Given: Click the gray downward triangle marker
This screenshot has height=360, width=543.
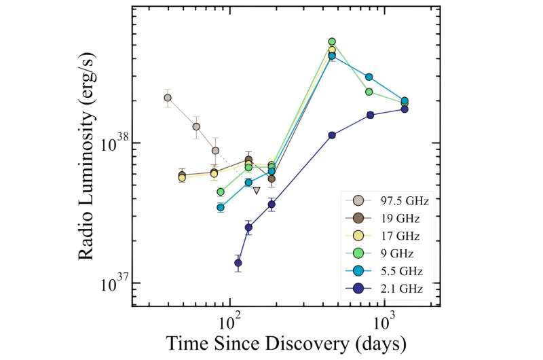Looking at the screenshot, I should [x=256, y=190].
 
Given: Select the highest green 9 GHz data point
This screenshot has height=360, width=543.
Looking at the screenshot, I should [x=332, y=42].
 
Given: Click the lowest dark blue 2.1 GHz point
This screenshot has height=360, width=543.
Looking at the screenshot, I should [x=238, y=263].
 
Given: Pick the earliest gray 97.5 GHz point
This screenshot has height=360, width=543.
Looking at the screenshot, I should [x=168, y=98].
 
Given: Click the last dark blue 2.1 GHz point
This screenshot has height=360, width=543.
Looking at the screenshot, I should [x=405, y=109].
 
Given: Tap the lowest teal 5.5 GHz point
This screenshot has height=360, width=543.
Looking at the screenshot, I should [x=221, y=207].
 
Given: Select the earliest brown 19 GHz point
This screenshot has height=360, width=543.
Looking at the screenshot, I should [x=182, y=175].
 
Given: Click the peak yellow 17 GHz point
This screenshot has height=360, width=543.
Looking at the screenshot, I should [x=332, y=50].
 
